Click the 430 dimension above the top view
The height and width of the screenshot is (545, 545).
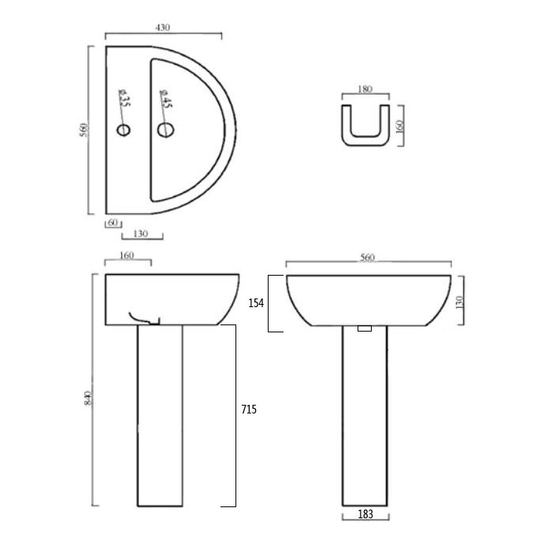click(x=163, y=28)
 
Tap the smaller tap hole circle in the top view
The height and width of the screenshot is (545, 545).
click(x=123, y=129)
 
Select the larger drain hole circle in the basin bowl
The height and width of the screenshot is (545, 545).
click(x=165, y=129)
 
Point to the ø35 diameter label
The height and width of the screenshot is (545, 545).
click(x=124, y=100)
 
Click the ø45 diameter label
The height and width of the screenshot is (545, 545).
click(x=165, y=100)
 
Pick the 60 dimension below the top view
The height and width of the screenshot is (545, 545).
click(x=113, y=223)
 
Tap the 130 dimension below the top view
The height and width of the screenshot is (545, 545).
click(x=143, y=233)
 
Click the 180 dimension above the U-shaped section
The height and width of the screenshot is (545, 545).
click(x=365, y=90)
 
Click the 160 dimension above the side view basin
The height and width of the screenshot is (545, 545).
click(x=128, y=255)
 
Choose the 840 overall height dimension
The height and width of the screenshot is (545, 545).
click(x=87, y=398)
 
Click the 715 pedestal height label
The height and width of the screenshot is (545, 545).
click(x=248, y=410)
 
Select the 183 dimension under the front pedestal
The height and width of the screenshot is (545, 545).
click(x=365, y=513)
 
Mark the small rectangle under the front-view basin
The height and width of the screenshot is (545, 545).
click(x=364, y=328)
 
